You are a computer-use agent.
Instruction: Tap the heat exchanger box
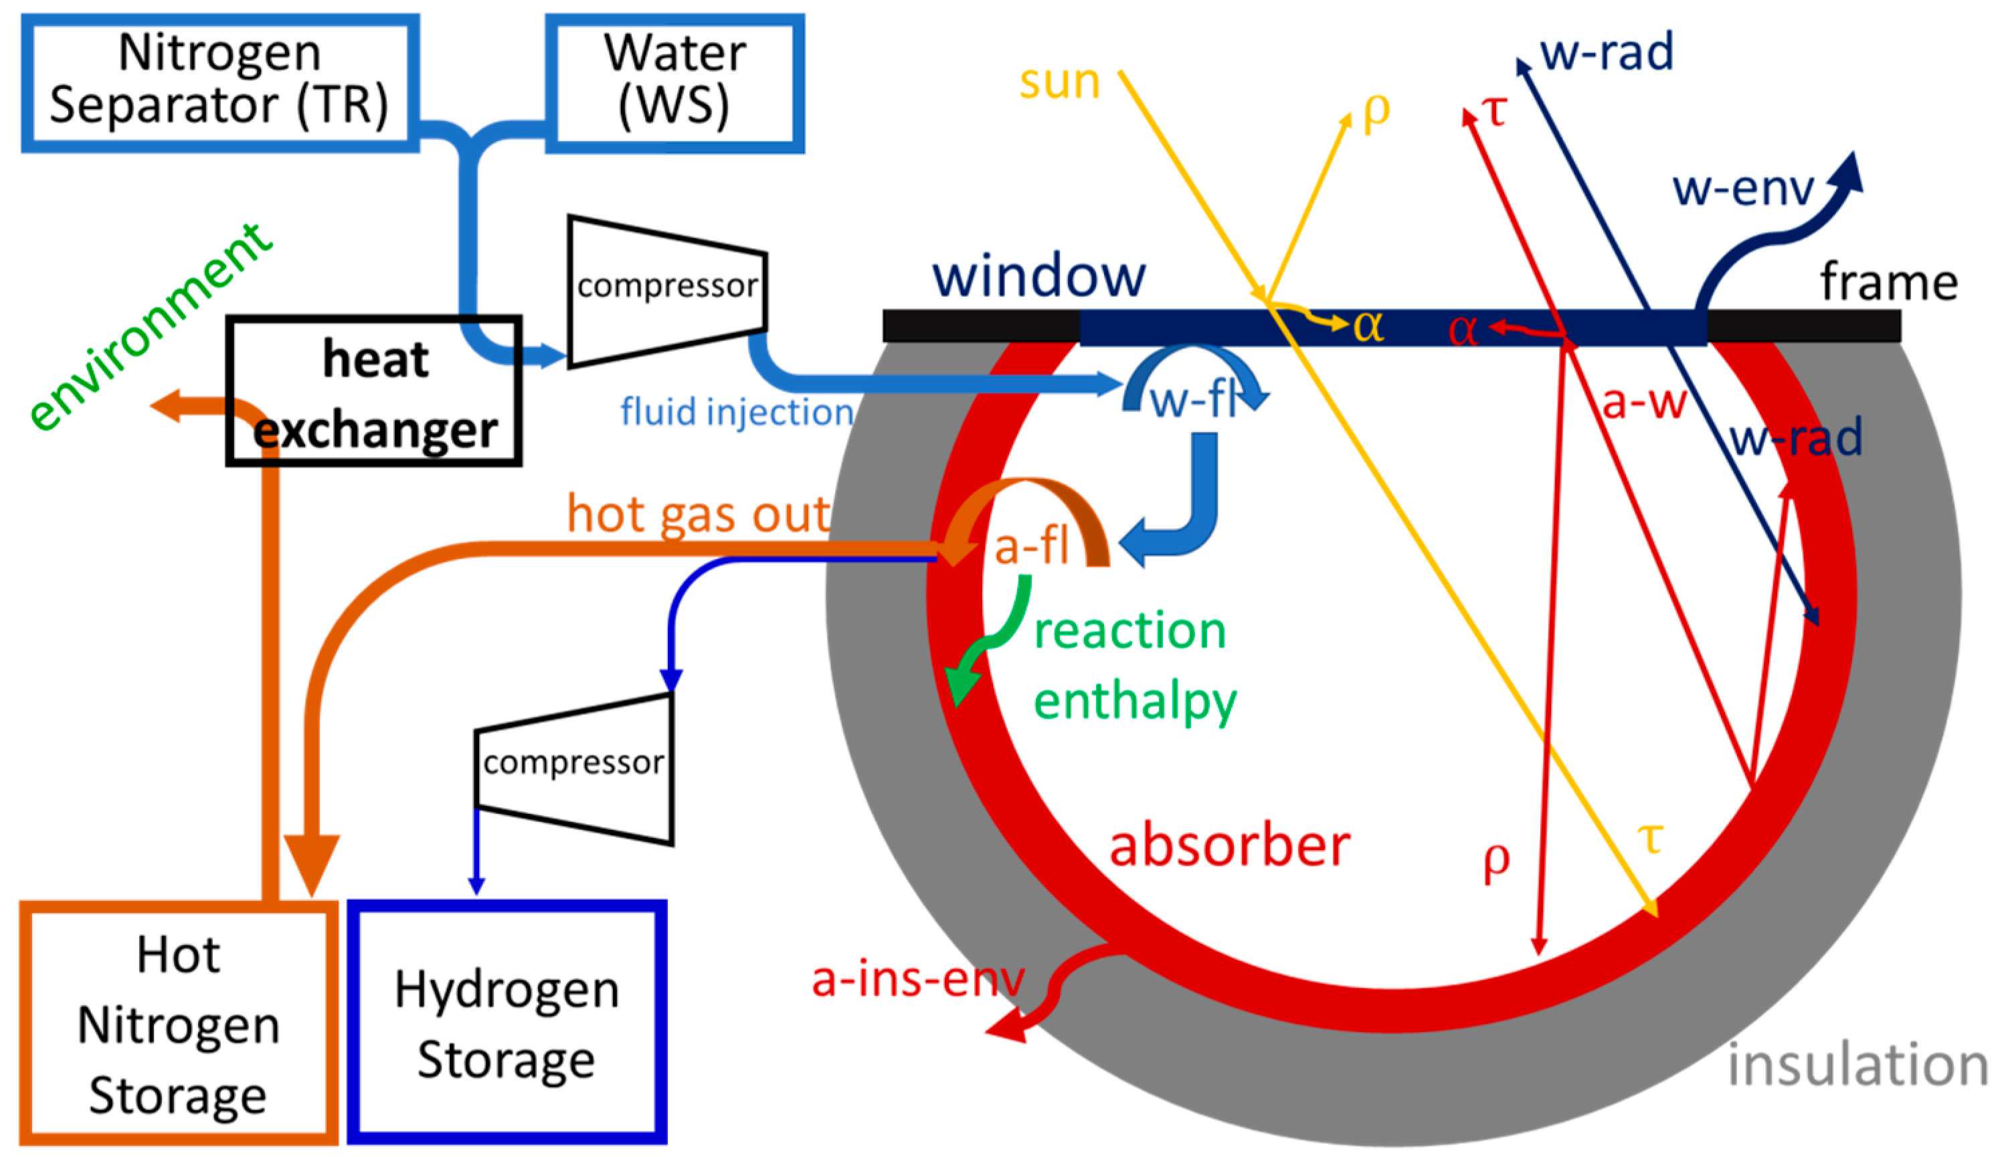(374, 392)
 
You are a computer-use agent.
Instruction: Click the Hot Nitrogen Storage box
(178, 1024)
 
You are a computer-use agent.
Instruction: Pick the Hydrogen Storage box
(507, 1023)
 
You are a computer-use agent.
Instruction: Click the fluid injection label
(737, 413)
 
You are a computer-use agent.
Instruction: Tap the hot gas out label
(697, 515)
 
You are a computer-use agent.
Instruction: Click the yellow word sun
(1059, 82)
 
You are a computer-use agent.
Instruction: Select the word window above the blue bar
(1038, 276)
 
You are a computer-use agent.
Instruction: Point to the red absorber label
(1229, 846)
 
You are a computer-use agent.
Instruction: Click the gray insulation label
(1857, 1065)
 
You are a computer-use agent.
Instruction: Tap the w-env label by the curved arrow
(1742, 189)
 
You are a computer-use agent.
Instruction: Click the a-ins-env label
(917, 980)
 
